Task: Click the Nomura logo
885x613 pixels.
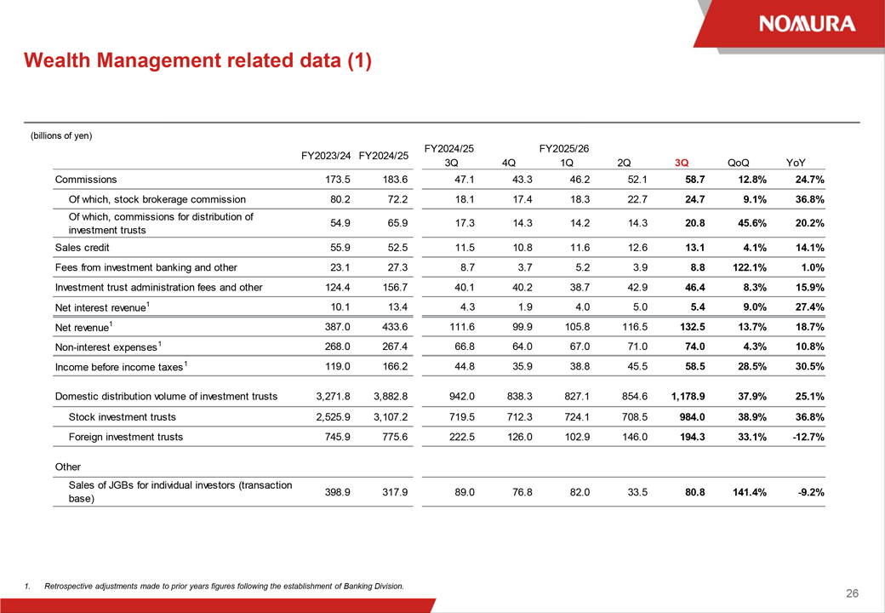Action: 807,24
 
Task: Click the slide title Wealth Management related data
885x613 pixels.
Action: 197,60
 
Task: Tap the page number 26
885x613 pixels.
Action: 853,593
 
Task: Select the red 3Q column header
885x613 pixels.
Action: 682,163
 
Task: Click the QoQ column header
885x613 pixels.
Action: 739,163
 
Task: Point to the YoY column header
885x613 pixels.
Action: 796,163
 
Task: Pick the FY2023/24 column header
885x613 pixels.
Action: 326,156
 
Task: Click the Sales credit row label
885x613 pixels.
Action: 83,247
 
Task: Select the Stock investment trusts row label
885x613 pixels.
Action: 122,417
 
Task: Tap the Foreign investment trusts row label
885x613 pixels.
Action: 126,437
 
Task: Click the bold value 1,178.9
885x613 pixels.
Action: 688,396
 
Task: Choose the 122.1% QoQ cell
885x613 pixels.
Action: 750,267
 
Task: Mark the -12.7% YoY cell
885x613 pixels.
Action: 809,437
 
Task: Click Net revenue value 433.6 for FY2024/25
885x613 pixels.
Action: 395,327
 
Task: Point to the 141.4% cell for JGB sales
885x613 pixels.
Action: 750,492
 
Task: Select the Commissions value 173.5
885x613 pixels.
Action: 338,180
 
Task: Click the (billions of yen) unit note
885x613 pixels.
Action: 61,135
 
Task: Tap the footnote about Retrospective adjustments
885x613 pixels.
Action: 224,586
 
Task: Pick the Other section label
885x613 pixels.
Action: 68,467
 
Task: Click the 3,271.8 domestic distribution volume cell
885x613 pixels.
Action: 334,396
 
